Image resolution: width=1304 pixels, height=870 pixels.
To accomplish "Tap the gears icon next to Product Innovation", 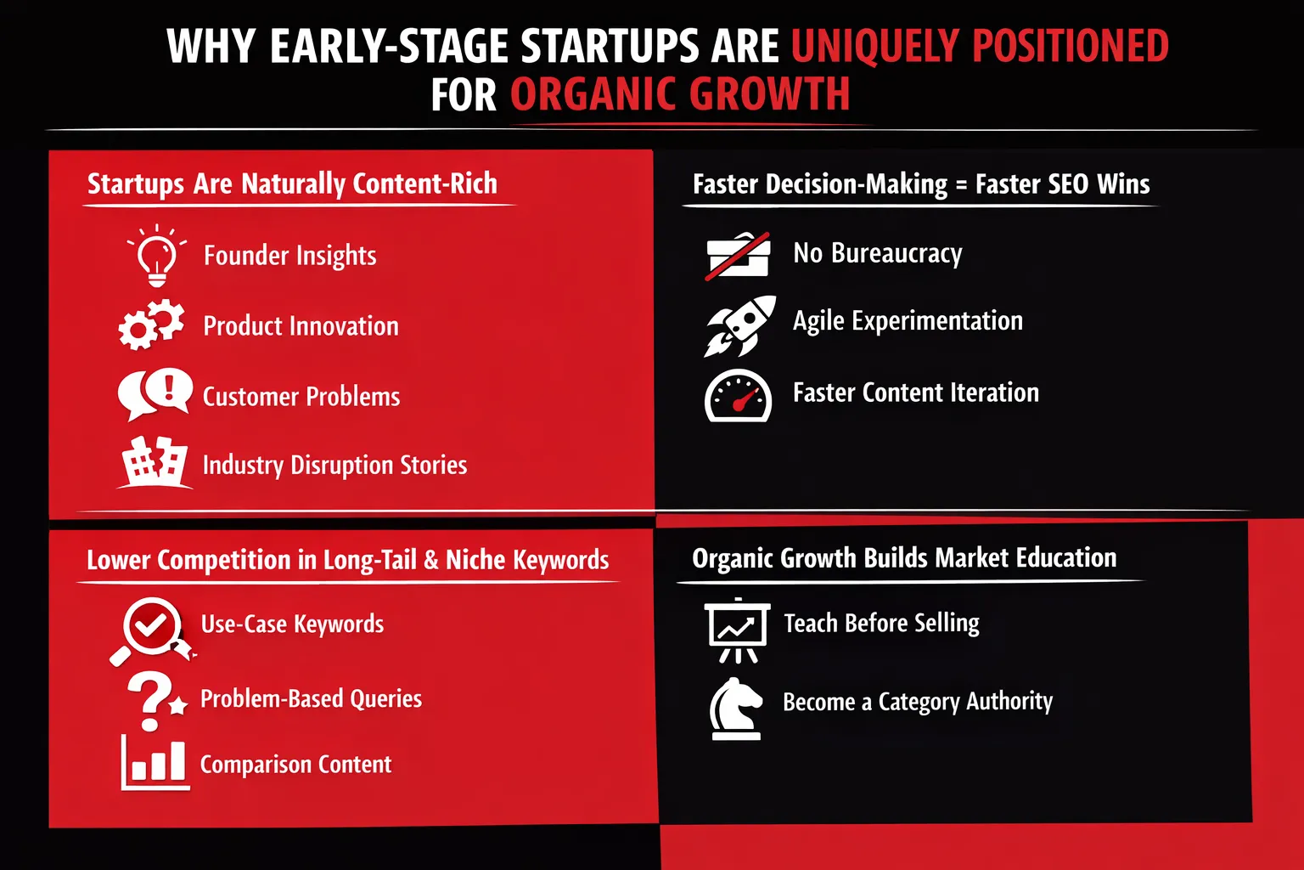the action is click(151, 325).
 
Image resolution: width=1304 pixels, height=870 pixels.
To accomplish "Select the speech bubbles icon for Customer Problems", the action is click(155, 394).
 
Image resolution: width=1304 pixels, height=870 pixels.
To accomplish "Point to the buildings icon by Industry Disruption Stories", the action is click(155, 462).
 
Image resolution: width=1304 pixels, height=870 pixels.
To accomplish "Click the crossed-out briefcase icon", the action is click(738, 256).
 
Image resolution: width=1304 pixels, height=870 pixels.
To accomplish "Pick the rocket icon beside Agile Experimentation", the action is click(740, 325).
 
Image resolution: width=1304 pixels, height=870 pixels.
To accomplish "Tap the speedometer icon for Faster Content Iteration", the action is click(738, 396).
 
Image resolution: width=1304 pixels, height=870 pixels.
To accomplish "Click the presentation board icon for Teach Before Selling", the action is click(737, 630).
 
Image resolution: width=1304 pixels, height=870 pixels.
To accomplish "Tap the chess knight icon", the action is click(736, 709).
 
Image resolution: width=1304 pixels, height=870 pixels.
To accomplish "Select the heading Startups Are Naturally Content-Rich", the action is click(292, 184).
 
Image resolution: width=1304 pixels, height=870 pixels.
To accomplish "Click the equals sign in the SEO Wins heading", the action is click(961, 184).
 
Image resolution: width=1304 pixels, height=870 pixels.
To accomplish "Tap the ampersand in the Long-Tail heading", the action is click(430, 560).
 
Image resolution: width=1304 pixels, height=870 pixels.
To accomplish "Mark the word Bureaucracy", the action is click(896, 254).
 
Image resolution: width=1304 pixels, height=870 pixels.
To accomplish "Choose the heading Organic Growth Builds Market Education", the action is click(904, 557).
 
